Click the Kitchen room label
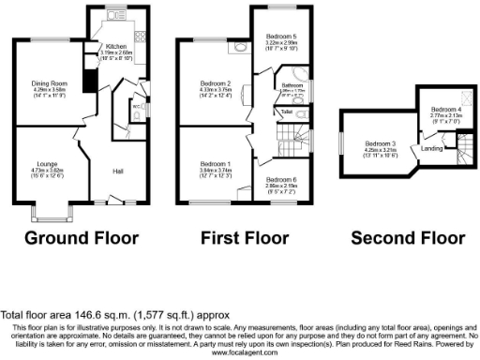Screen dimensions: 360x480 [116, 46]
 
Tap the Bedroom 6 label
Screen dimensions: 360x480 [280, 178]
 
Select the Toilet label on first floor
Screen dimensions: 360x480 [287, 112]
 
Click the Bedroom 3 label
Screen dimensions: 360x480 [381, 143]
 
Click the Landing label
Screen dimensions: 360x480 [432, 148]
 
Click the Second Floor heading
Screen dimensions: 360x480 [408, 237]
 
